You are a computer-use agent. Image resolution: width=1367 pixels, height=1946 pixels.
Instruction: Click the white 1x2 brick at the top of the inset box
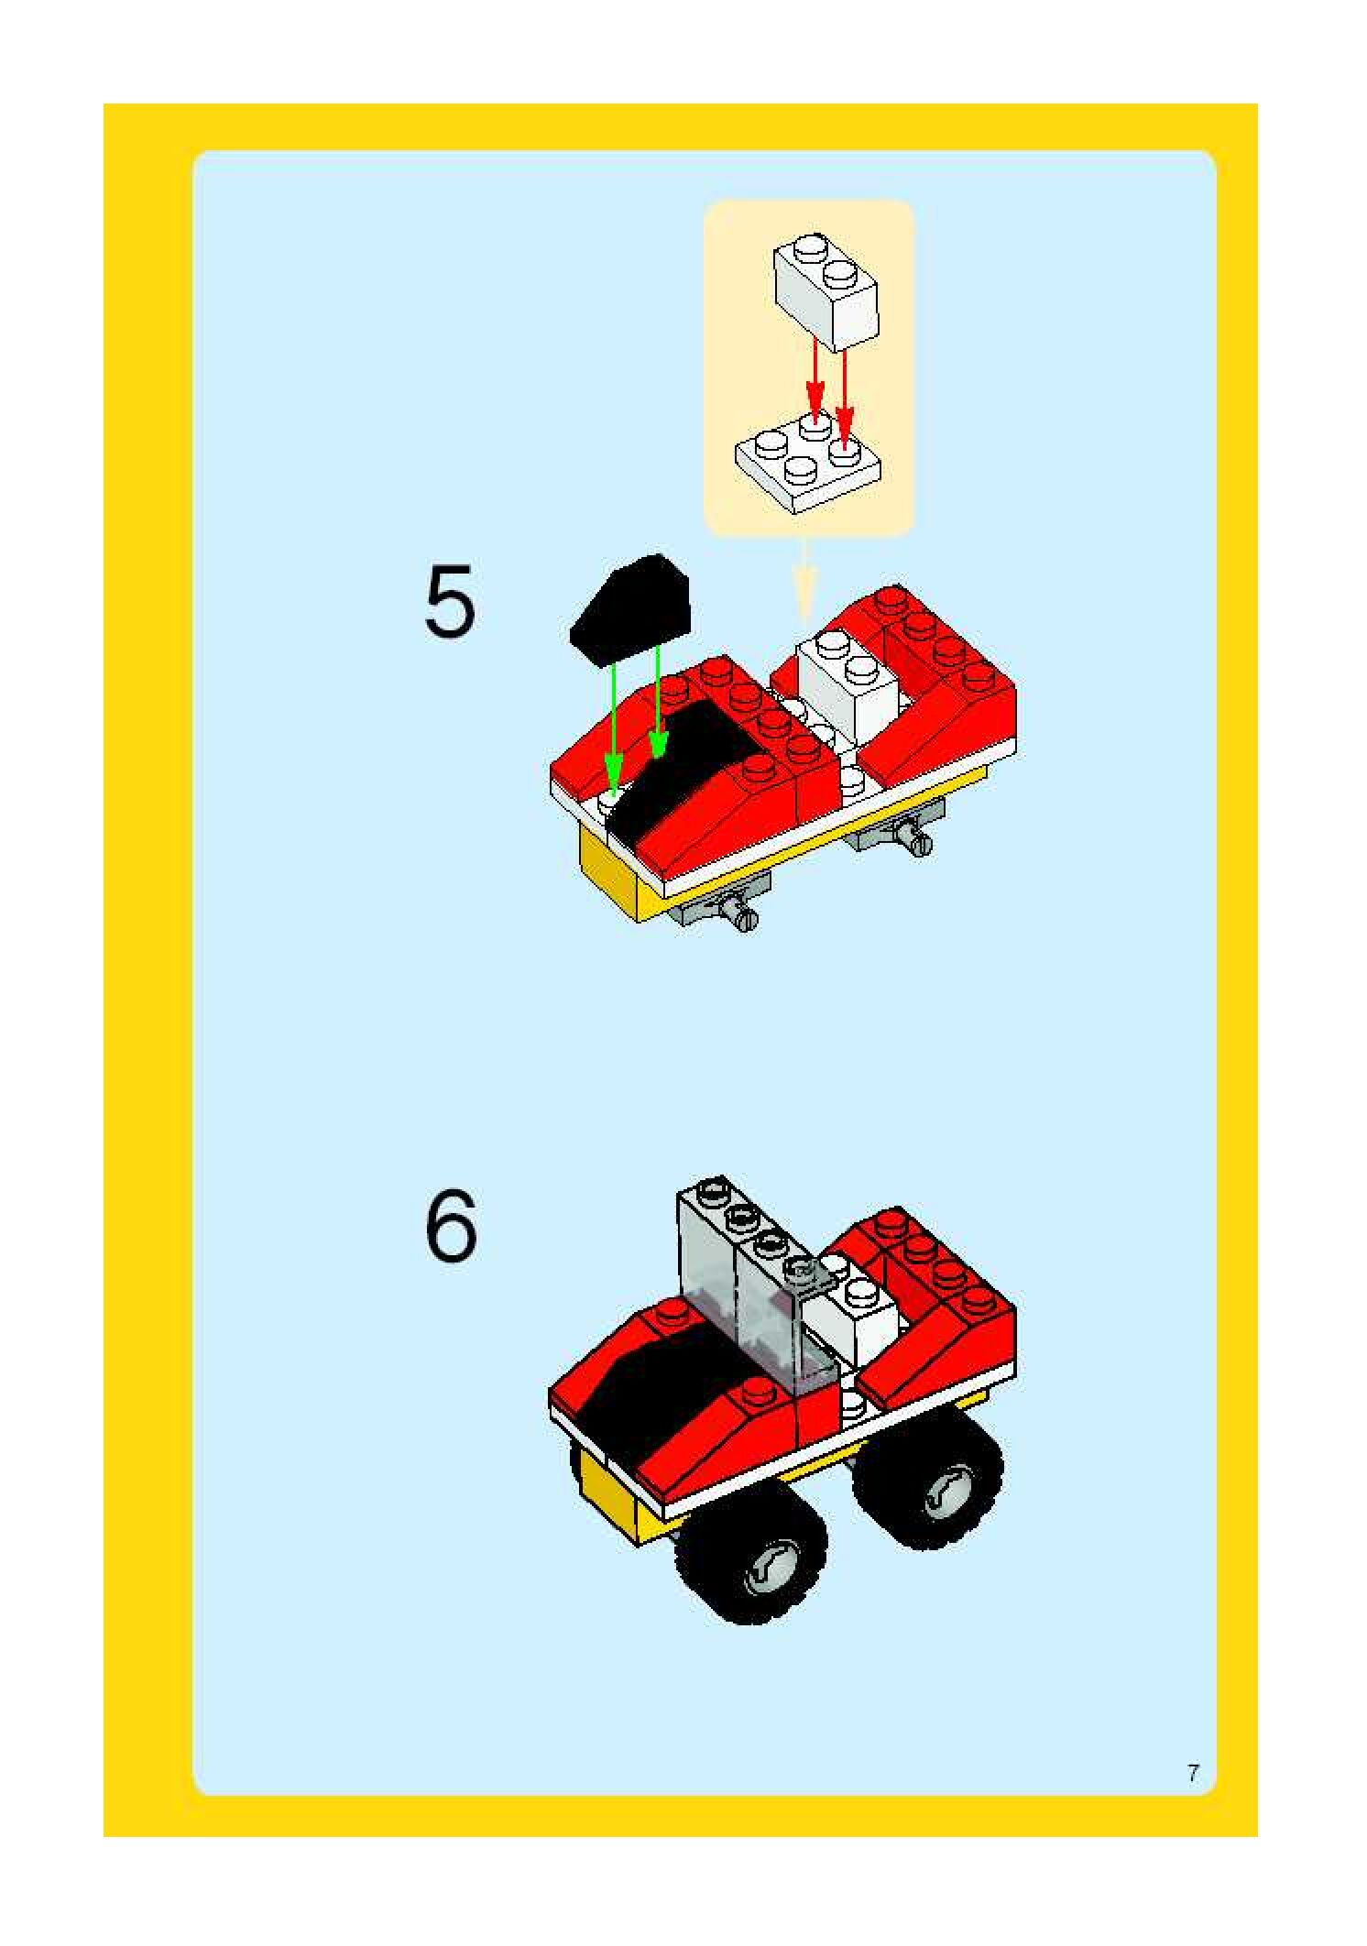point(826,291)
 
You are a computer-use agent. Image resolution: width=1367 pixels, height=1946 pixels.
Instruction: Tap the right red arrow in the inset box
point(844,394)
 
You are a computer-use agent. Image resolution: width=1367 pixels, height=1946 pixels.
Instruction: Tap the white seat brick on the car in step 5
point(848,683)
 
